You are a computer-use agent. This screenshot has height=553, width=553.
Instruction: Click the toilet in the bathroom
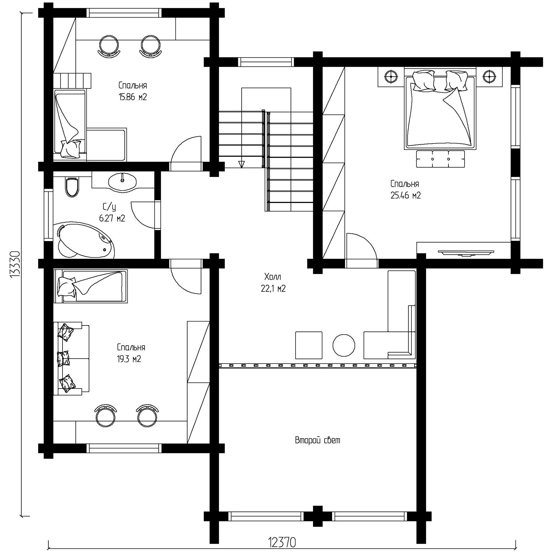pyautogui.click(x=72, y=187)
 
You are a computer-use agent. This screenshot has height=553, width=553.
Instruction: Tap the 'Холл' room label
pyautogui.click(x=273, y=277)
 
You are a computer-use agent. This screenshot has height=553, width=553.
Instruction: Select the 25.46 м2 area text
pyautogui.click(x=406, y=196)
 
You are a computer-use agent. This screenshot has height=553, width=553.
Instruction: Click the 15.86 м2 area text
pyautogui.click(x=133, y=97)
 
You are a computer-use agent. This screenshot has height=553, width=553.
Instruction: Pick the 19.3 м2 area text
pyautogui.click(x=129, y=359)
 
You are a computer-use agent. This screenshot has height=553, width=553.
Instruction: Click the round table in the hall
pyautogui.click(x=344, y=345)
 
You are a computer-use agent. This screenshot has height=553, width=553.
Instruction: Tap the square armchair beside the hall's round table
pyautogui.click(x=309, y=345)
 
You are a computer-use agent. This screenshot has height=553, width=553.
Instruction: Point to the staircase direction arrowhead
pyautogui.click(x=241, y=164)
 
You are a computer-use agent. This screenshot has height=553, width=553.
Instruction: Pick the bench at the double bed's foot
pyautogui.click(x=440, y=159)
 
